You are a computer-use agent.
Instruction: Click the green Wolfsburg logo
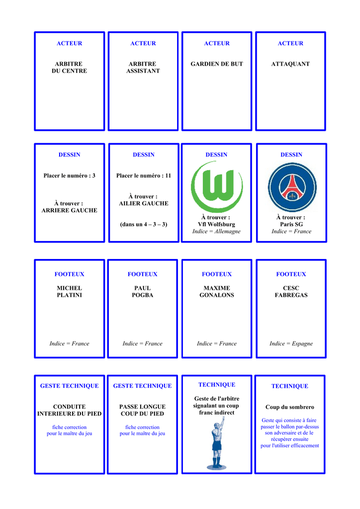pos(217,187)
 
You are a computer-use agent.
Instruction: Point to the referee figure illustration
pos(217,443)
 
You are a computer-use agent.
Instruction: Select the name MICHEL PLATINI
pos(69,291)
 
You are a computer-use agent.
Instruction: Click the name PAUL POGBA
pos(143,291)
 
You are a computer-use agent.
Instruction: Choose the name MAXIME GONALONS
pos(217,291)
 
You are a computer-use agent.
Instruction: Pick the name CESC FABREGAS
pos(291,291)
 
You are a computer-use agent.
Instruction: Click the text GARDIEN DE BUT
pos(217,64)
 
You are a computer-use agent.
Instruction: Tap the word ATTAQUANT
pos(290,64)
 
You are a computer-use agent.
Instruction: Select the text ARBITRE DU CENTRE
pos(69,68)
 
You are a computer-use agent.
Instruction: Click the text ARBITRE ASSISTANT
pos(143,68)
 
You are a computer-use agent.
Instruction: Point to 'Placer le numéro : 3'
pos(69,175)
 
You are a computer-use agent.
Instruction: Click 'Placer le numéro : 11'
pos(144,175)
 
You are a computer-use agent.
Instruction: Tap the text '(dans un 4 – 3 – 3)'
pos(144,224)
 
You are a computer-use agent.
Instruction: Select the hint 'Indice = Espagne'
pos(291,343)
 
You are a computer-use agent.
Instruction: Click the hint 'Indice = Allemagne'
pos(216,231)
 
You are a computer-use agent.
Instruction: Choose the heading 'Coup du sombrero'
pos(290,407)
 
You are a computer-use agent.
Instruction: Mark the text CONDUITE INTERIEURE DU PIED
pos(69,410)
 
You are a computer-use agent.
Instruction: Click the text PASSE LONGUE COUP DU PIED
pos(142,410)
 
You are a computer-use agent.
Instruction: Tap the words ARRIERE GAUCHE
pos(69,210)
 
